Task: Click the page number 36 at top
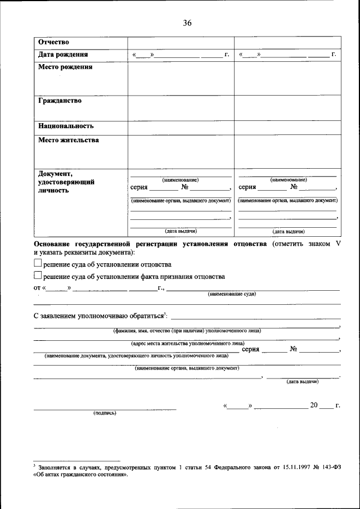pyautogui.click(x=187, y=23)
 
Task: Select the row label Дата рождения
pyautogui.click(x=63, y=55)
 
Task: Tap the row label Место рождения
pyautogui.click(x=65, y=67)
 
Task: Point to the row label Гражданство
pyautogui.click(x=60, y=101)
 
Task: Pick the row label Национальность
pyautogui.click(x=66, y=127)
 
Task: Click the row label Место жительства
pyautogui.click(x=69, y=140)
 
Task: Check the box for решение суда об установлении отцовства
pyautogui.click(x=38, y=263)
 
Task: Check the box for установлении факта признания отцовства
pyautogui.click(x=38, y=276)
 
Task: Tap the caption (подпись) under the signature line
pyautogui.click(x=105, y=413)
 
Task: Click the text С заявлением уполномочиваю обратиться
pyautogui.click(x=98, y=317)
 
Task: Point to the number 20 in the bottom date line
pyautogui.click(x=314, y=405)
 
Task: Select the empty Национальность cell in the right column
pyautogui.click(x=287, y=127)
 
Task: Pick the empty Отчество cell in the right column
pyautogui.click(x=287, y=43)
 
